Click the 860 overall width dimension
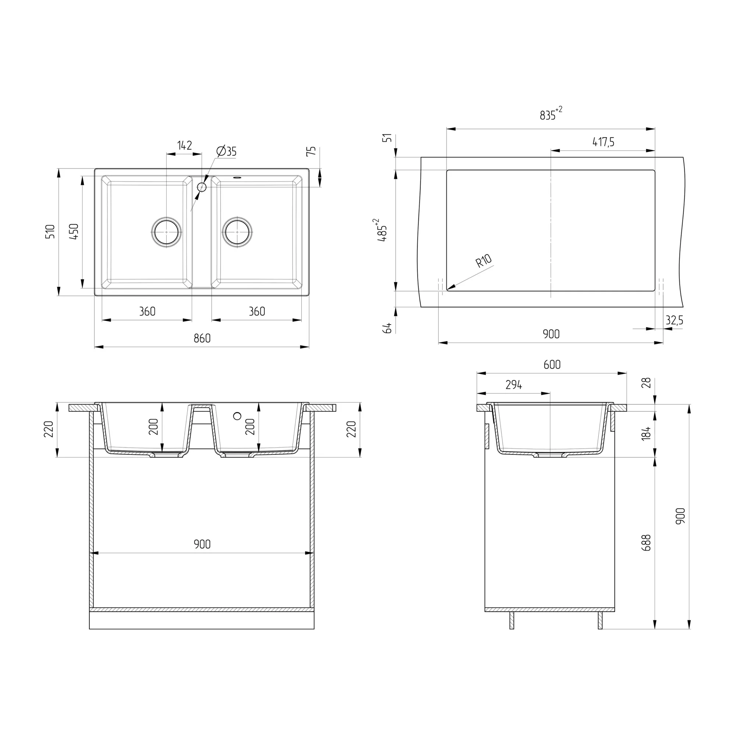[x=202, y=338]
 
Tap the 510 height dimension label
[x=50, y=231]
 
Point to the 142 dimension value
[x=185, y=145]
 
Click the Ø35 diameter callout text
[x=227, y=151]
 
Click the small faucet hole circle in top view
[x=202, y=187]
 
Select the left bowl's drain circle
[x=166, y=232]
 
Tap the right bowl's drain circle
[x=237, y=232]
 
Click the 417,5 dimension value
[x=604, y=142]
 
